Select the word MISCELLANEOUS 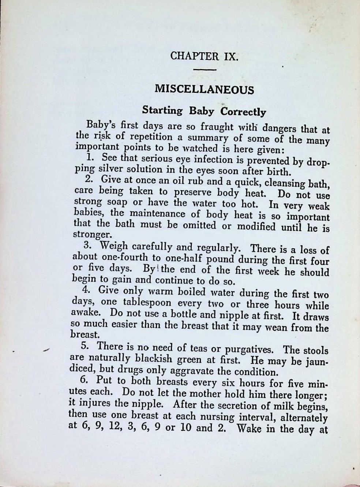click(204, 90)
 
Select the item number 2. click(89, 180)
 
